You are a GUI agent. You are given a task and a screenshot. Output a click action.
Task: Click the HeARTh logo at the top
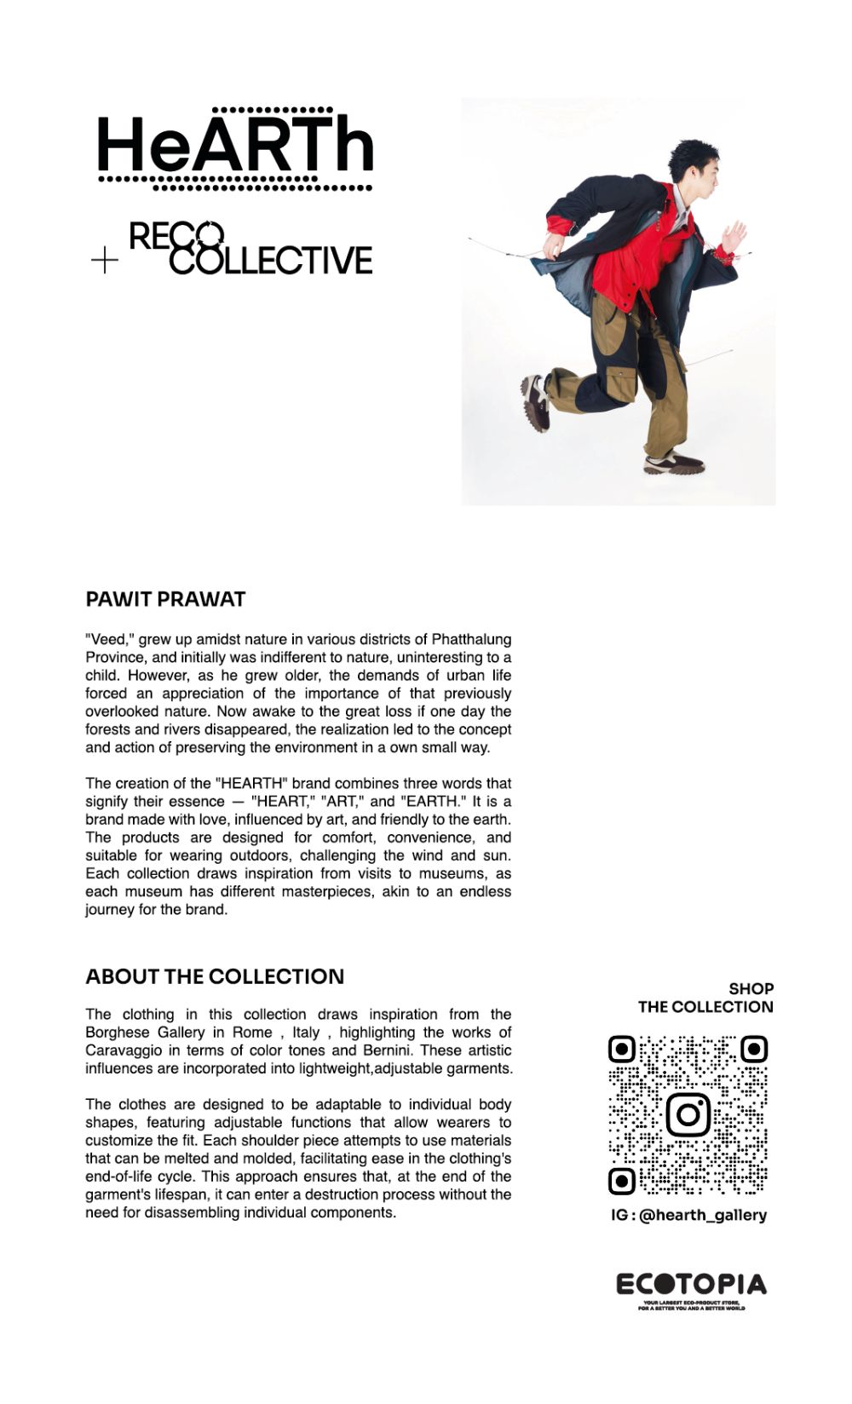point(235,147)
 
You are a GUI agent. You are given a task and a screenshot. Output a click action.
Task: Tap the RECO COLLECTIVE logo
point(250,248)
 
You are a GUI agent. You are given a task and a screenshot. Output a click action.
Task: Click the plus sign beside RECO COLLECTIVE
point(105,260)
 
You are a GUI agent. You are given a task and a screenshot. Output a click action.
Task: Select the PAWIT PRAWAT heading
point(165,599)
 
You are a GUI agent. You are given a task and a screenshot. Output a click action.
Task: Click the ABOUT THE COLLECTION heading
point(215,976)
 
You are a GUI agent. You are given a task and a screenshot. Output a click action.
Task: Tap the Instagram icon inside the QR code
point(688,1114)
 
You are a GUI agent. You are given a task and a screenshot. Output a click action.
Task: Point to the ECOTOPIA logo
point(691,1286)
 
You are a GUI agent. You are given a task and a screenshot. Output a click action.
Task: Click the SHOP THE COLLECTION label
point(705,998)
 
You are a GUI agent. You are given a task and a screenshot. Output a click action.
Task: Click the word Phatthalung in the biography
point(471,639)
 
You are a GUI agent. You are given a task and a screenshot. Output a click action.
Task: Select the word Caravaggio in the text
point(124,1050)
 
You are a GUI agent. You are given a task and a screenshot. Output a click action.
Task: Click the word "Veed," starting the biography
point(110,639)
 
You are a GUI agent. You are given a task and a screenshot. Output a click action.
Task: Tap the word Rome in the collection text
point(252,1033)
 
